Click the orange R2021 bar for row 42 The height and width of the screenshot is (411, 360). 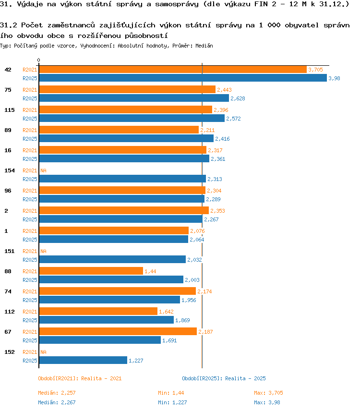pos(173,70)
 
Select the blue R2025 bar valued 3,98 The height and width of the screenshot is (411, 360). pos(183,78)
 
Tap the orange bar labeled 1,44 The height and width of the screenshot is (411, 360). pos(91,271)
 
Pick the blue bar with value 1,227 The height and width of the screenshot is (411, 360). pos(84,360)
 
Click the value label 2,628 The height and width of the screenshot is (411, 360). pos(238,98)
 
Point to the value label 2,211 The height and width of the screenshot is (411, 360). pos(207,130)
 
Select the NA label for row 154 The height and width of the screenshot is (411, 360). pos(43,170)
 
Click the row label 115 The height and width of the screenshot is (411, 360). pos(10,110)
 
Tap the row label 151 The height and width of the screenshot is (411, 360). pos(10,252)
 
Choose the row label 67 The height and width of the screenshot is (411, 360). pos(8,332)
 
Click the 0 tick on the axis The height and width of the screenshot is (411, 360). pos(38,60)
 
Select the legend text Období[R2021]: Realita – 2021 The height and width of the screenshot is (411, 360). pos(80,378)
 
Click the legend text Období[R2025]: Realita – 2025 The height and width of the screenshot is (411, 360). pos(224,378)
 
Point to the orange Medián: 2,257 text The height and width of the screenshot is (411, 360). pos(57,393)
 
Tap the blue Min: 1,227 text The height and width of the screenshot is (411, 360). pos(172,403)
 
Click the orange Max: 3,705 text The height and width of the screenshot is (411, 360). pos(268,393)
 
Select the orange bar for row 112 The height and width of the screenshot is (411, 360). pos(98,311)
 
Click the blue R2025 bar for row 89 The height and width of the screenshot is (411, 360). pos(126,138)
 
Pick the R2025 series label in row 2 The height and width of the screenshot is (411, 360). pos(30,219)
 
